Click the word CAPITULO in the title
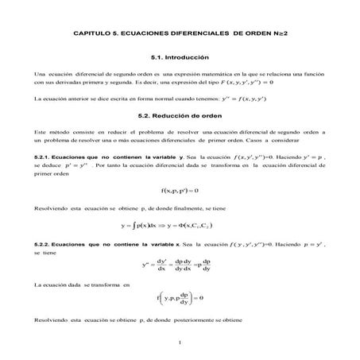89,34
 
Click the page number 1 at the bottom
180,343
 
